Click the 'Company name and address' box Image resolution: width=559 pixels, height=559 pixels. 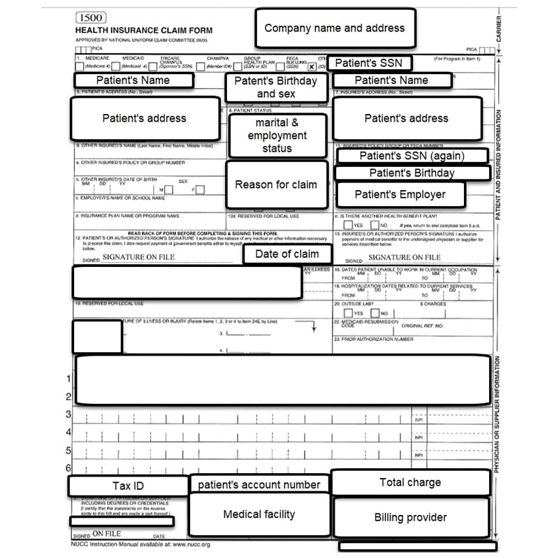(334, 29)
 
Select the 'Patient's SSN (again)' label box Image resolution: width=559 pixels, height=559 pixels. (412, 156)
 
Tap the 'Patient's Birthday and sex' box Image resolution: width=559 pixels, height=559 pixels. (275, 87)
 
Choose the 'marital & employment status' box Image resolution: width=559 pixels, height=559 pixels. (277, 136)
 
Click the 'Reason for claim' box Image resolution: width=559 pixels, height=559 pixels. (276, 185)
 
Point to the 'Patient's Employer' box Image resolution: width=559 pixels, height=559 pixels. (400, 194)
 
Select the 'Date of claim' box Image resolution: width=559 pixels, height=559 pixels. (286, 254)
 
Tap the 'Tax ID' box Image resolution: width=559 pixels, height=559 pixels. (128, 486)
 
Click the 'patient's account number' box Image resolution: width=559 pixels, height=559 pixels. (259, 484)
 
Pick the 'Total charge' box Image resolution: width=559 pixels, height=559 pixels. (410, 482)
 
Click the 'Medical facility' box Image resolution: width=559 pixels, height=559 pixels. (259, 514)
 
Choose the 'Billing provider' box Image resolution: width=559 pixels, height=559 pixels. (410, 518)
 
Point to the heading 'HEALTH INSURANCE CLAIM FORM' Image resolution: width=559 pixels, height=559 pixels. (143, 31)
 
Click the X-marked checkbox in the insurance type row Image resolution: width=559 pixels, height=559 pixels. (311, 66)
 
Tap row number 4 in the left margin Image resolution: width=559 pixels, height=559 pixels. (68, 433)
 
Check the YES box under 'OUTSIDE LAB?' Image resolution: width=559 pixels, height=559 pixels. (348, 313)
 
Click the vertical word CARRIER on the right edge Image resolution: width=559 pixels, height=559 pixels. (499, 29)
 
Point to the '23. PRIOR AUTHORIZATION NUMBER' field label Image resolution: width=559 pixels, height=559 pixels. (375, 339)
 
